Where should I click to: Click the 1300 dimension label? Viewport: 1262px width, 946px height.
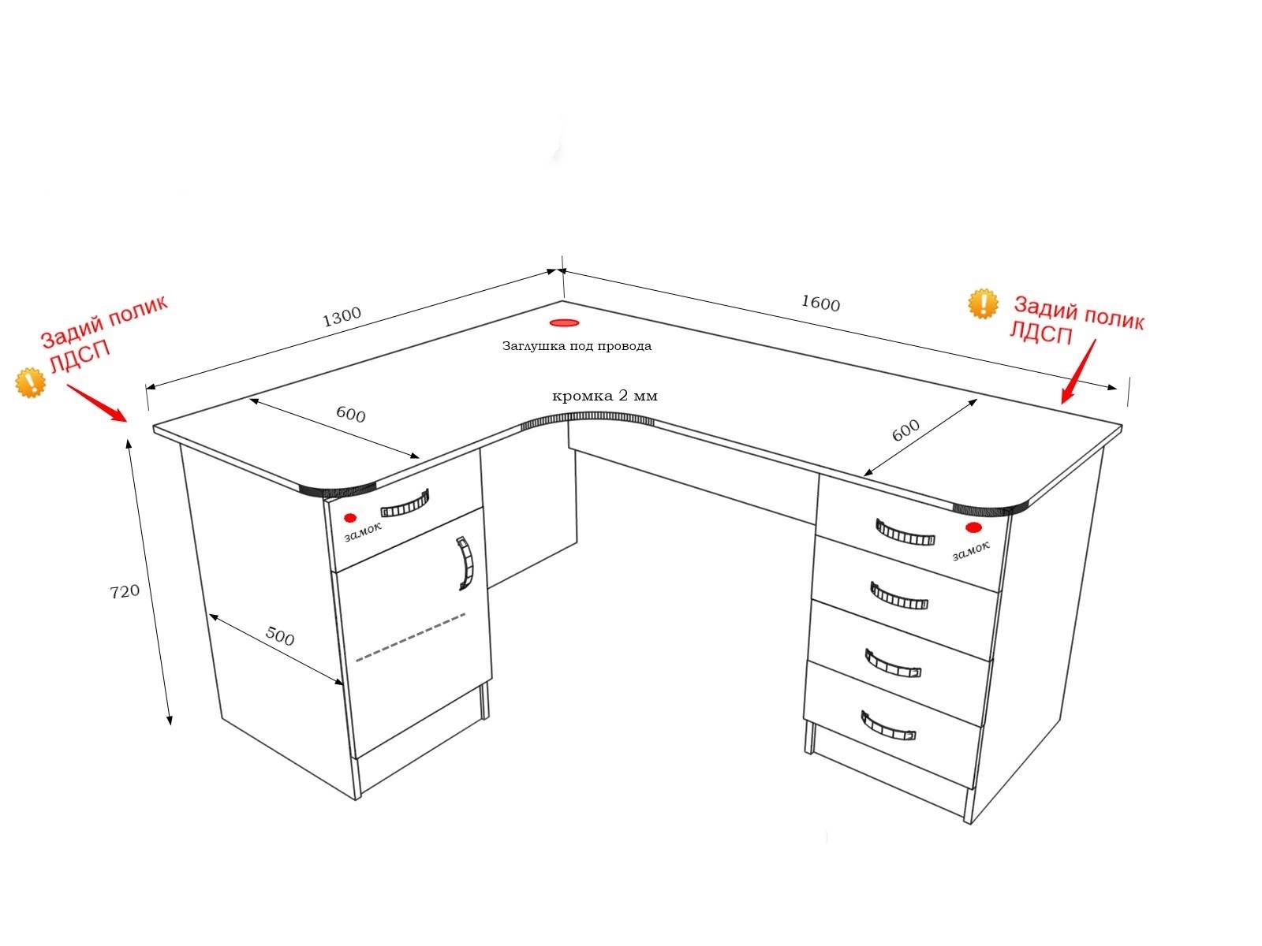click(x=342, y=316)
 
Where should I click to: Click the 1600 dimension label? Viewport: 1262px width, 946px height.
click(x=820, y=303)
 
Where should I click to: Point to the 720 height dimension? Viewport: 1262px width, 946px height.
click(x=125, y=591)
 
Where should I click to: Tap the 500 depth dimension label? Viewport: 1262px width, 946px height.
click(x=280, y=636)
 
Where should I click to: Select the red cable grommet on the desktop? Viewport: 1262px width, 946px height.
click(x=564, y=322)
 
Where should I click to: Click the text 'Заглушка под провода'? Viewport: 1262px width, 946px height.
click(x=577, y=346)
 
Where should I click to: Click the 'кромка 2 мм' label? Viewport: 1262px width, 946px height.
click(x=604, y=396)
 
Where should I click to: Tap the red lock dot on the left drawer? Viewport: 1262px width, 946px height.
click(x=349, y=517)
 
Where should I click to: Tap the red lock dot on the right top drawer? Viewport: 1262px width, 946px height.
click(x=973, y=527)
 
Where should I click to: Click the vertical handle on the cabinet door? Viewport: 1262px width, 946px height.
click(x=465, y=564)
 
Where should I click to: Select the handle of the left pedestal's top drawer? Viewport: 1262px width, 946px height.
click(x=405, y=505)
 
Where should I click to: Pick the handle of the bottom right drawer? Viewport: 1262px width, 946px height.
click(x=887, y=727)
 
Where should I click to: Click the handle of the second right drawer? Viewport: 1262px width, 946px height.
click(x=898, y=596)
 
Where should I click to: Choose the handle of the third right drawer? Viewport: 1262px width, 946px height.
click(x=892, y=664)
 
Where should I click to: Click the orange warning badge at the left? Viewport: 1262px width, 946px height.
click(x=30, y=382)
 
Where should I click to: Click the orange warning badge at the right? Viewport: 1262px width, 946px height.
click(x=983, y=304)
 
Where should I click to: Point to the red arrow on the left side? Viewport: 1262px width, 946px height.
click(x=96, y=403)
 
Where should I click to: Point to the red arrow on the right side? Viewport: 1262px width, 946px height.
click(x=1078, y=371)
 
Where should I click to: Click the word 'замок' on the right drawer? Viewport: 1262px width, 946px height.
click(x=971, y=550)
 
